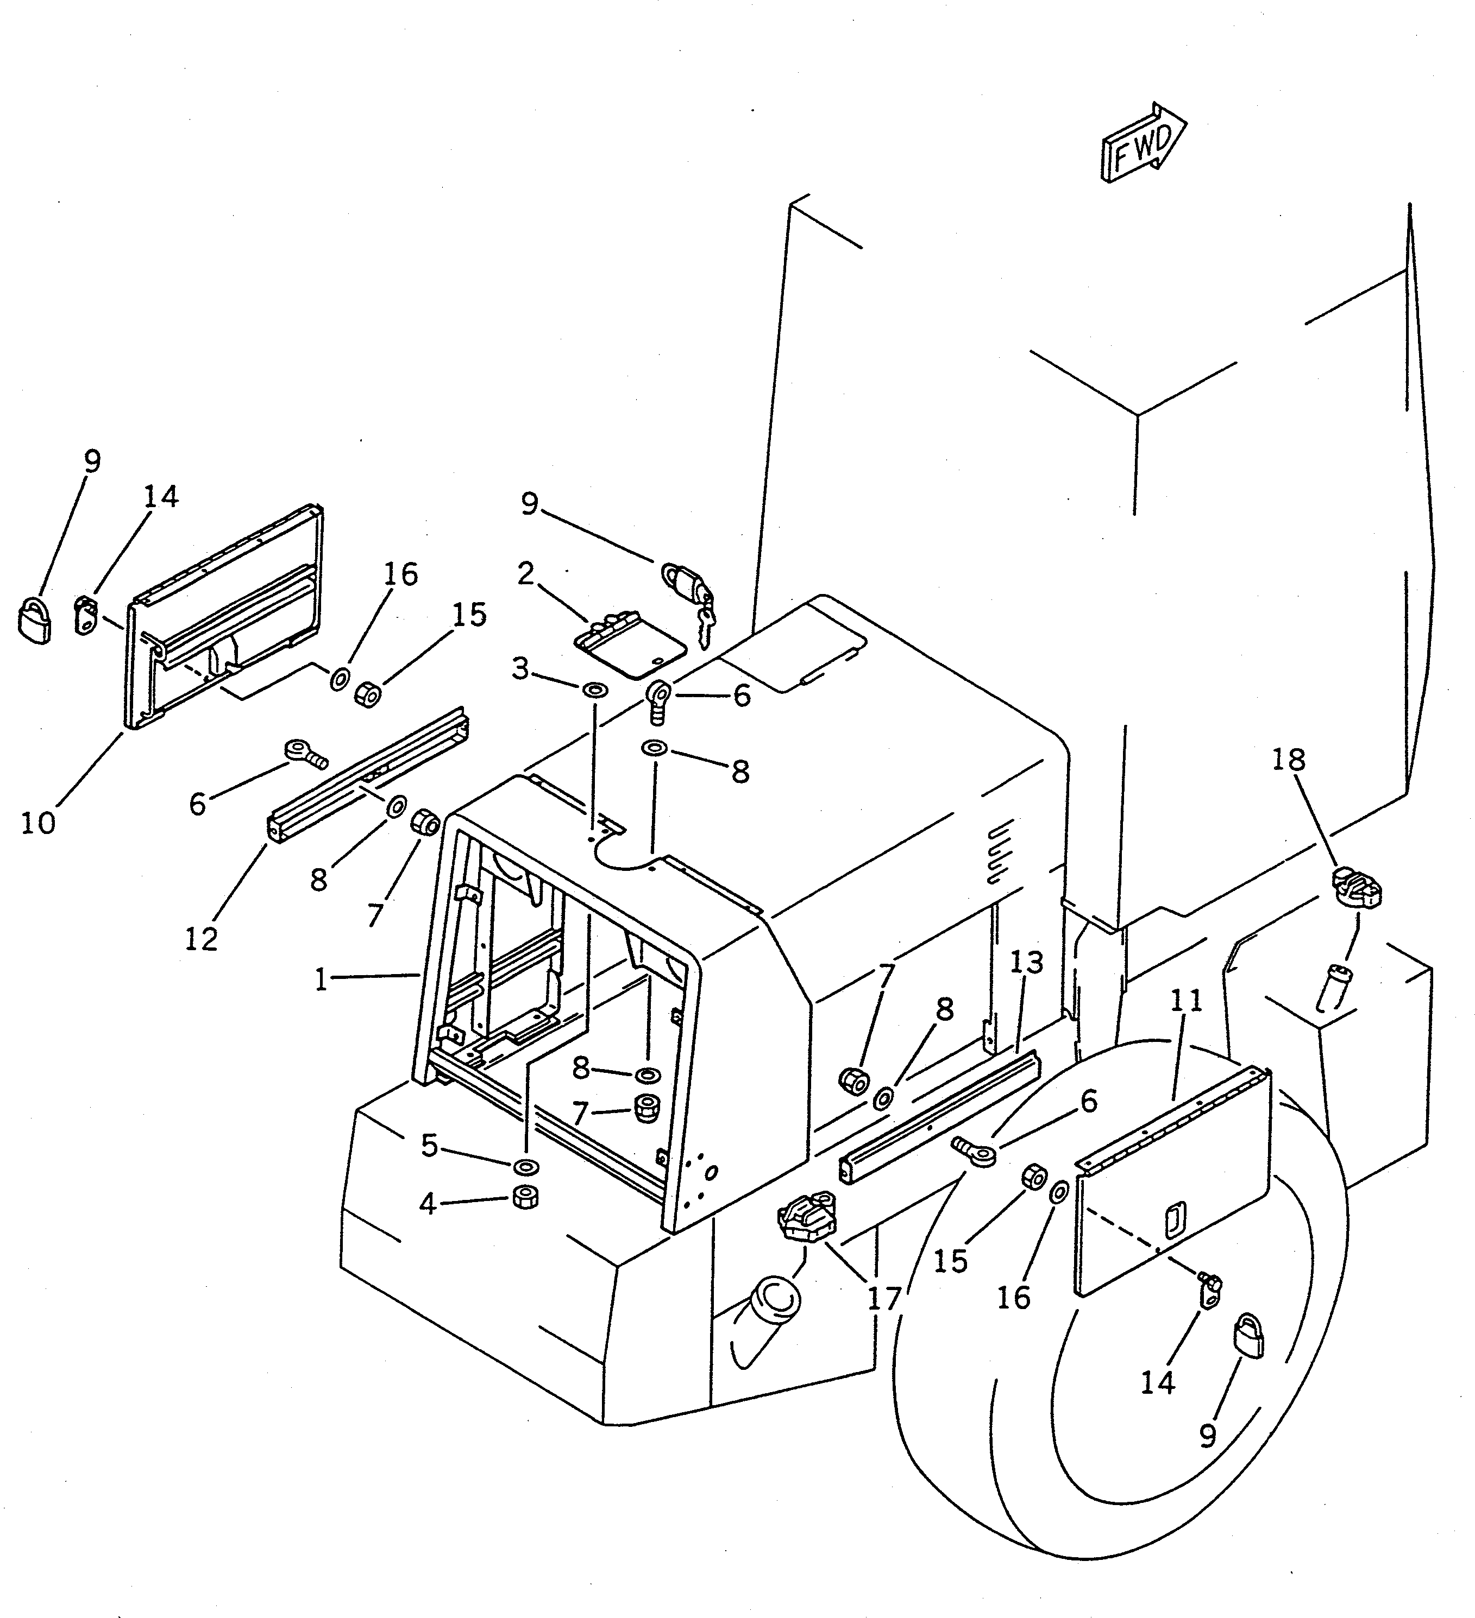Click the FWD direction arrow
[1143, 143]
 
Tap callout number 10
[37, 823]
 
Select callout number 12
[200, 938]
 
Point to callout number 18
[1288, 759]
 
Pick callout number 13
[1026, 962]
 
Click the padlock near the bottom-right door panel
[1248, 1337]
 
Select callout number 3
[520, 668]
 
